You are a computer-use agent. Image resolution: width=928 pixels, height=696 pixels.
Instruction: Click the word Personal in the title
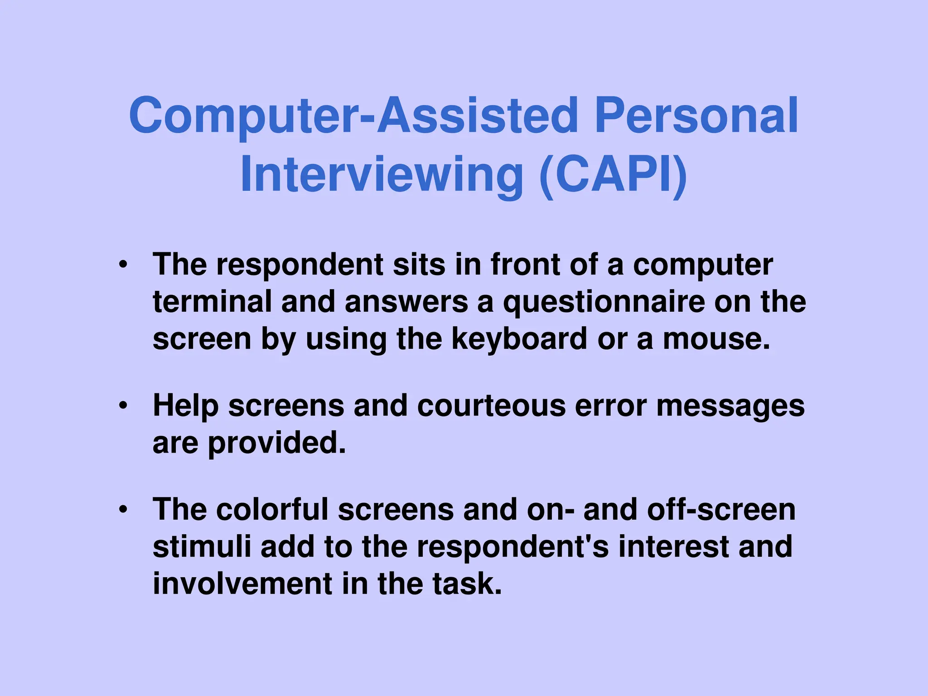coord(696,116)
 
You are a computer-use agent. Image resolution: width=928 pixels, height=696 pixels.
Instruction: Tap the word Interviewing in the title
coord(382,175)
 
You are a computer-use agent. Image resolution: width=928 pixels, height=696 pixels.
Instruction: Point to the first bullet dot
coord(123,265)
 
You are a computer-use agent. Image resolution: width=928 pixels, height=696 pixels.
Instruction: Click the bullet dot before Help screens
coord(123,406)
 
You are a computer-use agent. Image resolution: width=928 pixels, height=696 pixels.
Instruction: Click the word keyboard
coord(519,339)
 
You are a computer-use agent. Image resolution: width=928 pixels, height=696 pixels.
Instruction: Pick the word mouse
coord(716,339)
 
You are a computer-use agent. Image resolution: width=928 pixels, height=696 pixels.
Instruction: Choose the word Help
coord(186,406)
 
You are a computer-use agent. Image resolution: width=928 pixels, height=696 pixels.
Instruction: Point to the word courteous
coord(491,406)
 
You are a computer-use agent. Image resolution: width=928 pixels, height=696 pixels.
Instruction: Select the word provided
coord(277,443)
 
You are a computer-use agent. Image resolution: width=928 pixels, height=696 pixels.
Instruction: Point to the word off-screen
coord(721,509)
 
